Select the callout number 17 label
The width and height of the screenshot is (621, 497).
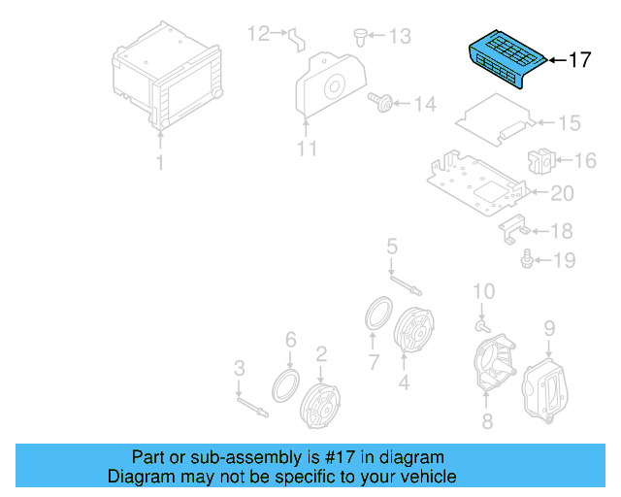[x=578, y=60]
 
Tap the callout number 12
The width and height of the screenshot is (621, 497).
[x=257, y=35]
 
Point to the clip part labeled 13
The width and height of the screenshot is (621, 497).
[x=360, y=37]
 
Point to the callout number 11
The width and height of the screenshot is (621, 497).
[x=307, y=149]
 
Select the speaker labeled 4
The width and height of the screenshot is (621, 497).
[x=415, y=333]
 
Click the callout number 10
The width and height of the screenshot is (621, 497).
[x=484, y=291]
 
